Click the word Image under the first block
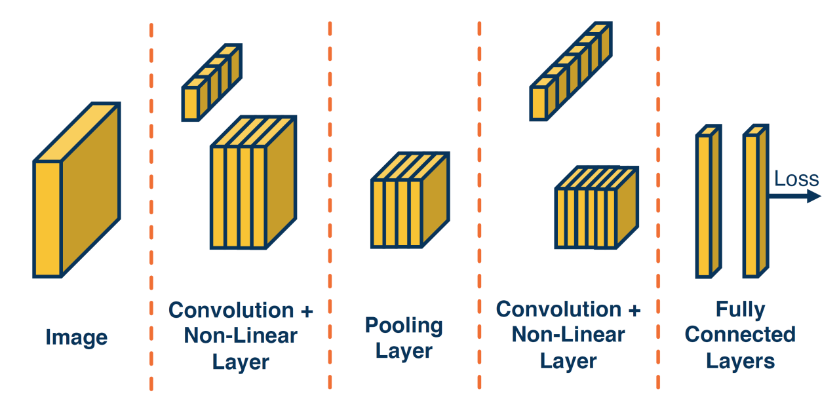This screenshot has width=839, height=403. [76, 337]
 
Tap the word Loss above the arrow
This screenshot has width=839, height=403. [796, 179]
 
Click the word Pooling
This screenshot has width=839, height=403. [404, 325]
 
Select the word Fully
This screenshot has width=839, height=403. [740, 309]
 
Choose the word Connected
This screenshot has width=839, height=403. [740, 335]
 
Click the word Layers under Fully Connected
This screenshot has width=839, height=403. [740, 360]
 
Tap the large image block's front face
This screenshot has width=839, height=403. [47, 218]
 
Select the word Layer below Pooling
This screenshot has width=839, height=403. [404, 351]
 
